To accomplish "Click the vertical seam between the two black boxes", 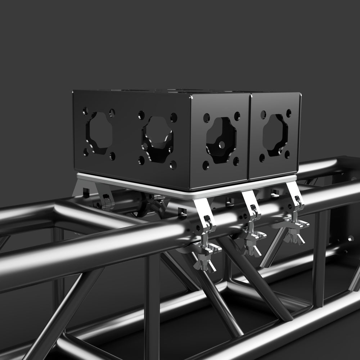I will [x=249, y=137].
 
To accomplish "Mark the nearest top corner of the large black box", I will [x=191, y=96].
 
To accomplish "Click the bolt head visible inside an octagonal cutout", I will [x=145, y=147].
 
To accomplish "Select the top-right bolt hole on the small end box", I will [x=288, y=113].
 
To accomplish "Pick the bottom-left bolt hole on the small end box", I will [x=262, y=157].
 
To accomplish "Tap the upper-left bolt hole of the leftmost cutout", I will [x=85, y=111].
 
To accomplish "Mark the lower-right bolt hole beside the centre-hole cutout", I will [x=236, y=161].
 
